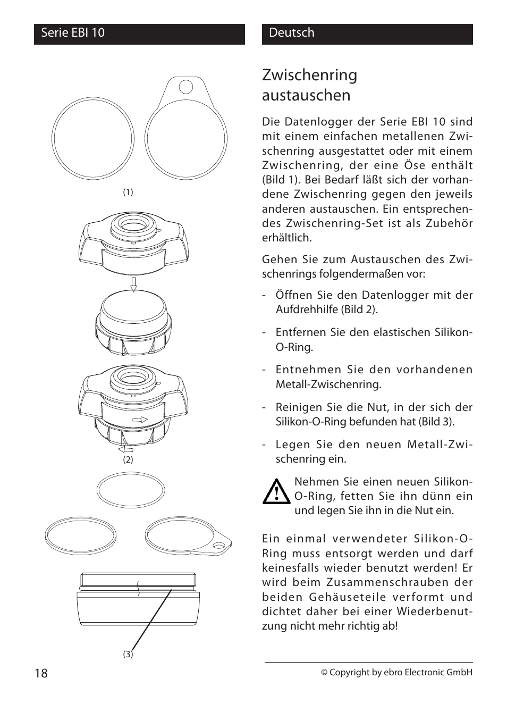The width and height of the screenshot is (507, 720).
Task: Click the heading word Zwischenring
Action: point(309,76)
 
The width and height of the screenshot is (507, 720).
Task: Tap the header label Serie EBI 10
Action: point(73,33)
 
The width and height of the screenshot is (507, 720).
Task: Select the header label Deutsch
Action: point(291,33)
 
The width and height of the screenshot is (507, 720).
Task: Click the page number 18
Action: point(41,673)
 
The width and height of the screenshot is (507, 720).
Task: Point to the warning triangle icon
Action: point(276,492)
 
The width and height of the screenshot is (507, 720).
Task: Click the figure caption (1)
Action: point(128,192)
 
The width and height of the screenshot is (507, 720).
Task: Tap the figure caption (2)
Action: point(128,459)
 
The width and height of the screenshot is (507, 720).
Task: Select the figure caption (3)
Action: point(128,654)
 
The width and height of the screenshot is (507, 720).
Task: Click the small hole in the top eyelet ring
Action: point(186,86)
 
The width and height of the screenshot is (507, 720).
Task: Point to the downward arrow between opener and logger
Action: point(133,284)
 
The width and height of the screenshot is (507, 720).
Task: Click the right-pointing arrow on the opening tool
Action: point(140,420)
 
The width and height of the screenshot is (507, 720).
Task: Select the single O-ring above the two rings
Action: point(131,489)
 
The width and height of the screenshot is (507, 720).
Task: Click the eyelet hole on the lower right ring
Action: point(218,545)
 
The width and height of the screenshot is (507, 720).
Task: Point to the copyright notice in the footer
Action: point(396,672)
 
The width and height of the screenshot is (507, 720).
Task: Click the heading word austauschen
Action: point(306,96)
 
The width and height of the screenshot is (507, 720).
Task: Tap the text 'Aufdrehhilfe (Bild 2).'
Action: point(326,309)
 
